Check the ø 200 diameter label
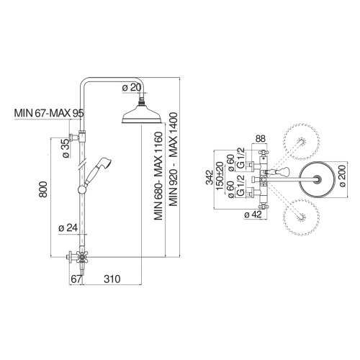coord(341,176)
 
